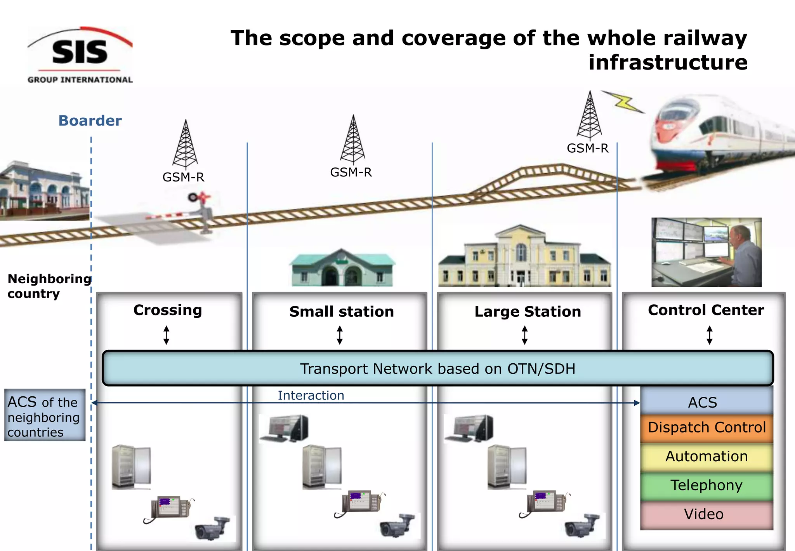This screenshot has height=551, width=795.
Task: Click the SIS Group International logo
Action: pyautogui.click(x=80, y=55)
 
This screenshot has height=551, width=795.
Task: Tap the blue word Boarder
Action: pyautogui.click(x=90, y=121)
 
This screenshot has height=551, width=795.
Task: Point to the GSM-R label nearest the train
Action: pyautogui.click(x=587, y=148)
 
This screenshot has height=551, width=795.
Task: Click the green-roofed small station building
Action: pyautogui.click(x=342, y=268)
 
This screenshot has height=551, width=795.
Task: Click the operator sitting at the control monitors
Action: pyautogui.click(x=741, y=253)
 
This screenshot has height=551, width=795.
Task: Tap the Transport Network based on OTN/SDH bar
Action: pyautogui.click(x=437, y=368)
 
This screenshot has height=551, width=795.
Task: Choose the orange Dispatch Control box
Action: pyautogui.click(x=706, y=428)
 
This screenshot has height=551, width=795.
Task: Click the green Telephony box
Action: pyautogui.click(x=706, y=486)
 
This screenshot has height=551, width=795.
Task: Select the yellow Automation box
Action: pyautogui.click(x=706, y=457)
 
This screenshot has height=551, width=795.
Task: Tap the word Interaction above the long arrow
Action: pyautogui.click(x=311, y=395)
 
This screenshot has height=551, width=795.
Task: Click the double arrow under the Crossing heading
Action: pyautogui.click(x=166, y=335)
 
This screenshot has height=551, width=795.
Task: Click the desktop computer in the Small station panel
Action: pyautogui.click(x=285, y=428)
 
